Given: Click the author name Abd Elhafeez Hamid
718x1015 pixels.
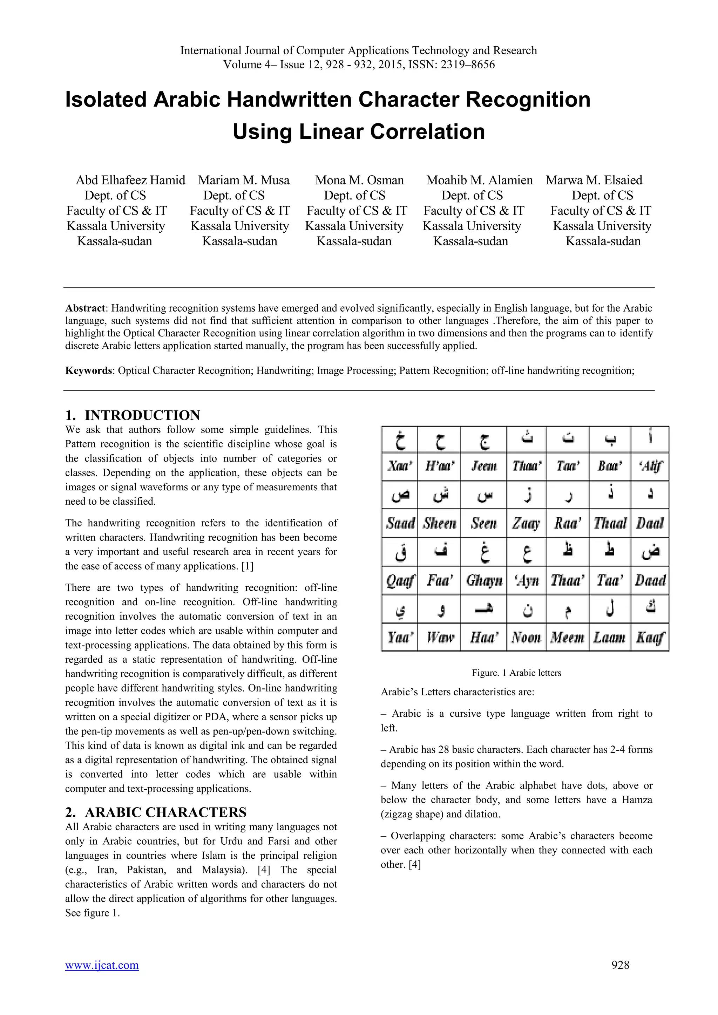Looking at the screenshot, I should point(130,180).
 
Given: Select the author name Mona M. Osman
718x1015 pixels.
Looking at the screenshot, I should point(359,180).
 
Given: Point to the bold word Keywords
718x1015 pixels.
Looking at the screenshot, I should point(88,370).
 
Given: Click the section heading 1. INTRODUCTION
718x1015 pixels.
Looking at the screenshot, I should point(133,415).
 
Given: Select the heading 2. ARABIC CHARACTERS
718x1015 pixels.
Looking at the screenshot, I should point(156,812).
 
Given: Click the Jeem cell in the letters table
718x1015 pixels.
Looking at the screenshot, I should point(484,466).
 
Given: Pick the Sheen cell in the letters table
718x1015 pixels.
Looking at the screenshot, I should point(439,523).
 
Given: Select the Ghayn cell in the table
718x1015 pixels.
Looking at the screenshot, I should point(484,580).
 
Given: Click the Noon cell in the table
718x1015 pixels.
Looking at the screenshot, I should point(526,638).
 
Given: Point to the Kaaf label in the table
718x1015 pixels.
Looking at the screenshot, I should point(650,638).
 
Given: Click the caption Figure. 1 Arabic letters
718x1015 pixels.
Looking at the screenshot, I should point(516,673).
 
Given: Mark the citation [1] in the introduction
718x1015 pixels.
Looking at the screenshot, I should point(247,566).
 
